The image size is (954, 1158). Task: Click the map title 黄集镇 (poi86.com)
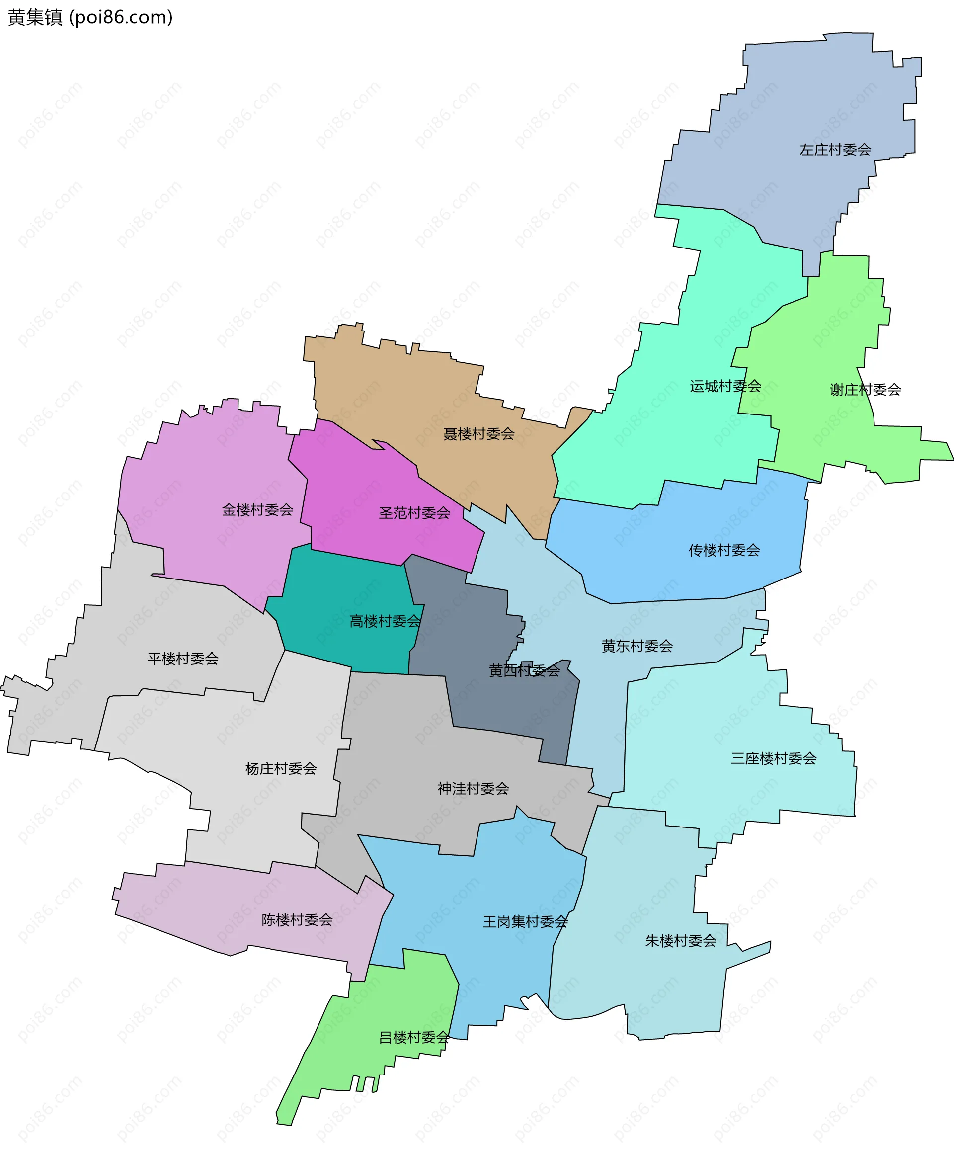click(90, 17)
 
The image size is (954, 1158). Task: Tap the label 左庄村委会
click(835, 150)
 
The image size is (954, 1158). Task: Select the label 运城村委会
click(725, 386)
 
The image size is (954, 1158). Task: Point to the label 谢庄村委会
click(865, 390)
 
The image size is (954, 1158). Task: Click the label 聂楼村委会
click(478, 434)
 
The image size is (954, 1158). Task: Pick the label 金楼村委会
click(257, 509)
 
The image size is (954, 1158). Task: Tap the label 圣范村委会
click(414, 513)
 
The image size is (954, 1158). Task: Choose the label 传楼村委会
click(724, 550)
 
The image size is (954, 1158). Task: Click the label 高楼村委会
click(385, 621)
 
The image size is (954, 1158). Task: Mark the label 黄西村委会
click(524, 670)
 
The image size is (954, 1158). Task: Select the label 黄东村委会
click(637, 646)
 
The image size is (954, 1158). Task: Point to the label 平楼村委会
click(182, 659)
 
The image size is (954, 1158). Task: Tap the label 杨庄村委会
click(280, 768)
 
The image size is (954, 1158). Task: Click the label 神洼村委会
click(473, 788)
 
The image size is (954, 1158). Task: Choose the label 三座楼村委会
click(773, 758)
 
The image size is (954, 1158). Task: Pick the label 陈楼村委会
click(297, 919)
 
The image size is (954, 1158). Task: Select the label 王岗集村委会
click(525, 921)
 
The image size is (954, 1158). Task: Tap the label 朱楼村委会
click(680, 941)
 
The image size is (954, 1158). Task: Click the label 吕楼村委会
click(414, 1037)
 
